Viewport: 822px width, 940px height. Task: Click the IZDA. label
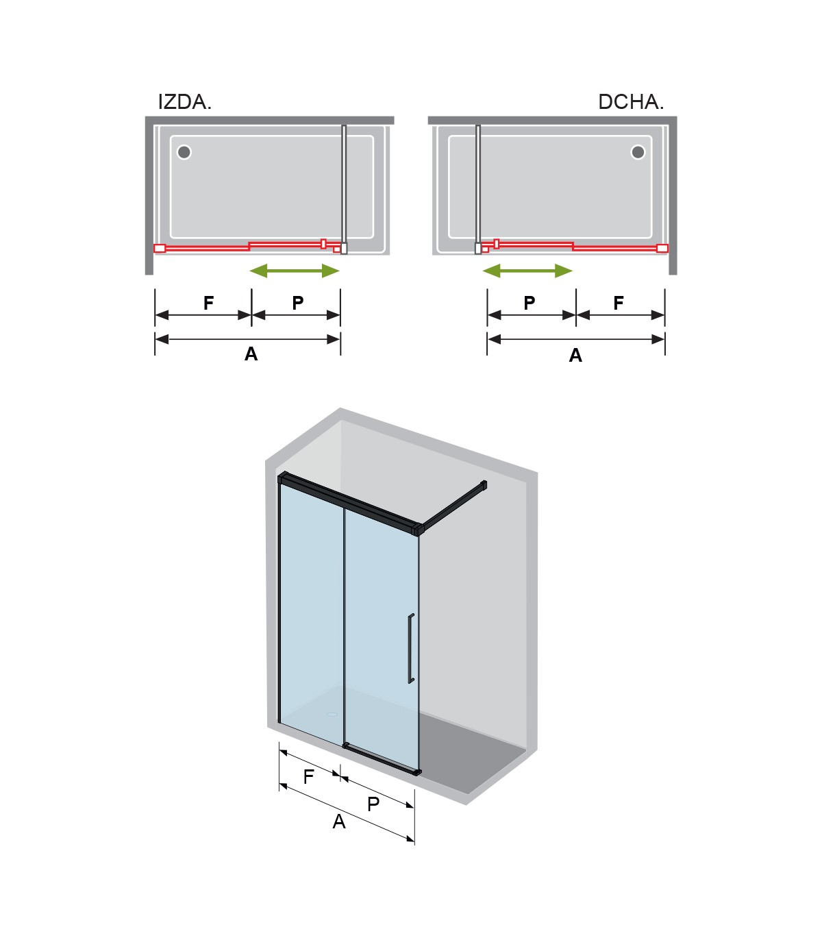[184, 102]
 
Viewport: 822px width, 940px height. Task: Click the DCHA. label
[631, 102]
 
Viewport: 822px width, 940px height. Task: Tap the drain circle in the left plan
[184, 152]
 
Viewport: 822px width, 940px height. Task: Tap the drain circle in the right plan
[638, 152]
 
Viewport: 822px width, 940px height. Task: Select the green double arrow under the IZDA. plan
[295, 271]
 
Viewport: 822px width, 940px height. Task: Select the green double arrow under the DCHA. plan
[527, 271]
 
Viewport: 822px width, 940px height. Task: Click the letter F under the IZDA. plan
[209, 302]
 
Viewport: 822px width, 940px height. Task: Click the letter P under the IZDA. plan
[298, 302]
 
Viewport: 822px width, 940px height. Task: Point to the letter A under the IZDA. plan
[251, 354]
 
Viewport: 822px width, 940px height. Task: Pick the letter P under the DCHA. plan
[530, 302]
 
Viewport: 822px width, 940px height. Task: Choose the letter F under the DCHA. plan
[619, 302]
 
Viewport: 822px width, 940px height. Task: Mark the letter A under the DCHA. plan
[575, 355]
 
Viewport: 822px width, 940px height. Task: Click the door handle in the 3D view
[410, 648]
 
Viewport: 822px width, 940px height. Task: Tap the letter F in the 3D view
[308, 777]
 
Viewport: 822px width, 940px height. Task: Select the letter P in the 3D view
[373, 804]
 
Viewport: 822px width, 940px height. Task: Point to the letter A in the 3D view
[339, 821]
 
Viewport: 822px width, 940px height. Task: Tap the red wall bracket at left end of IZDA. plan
[160, 248]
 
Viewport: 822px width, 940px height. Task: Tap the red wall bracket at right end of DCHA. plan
[662, 248]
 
